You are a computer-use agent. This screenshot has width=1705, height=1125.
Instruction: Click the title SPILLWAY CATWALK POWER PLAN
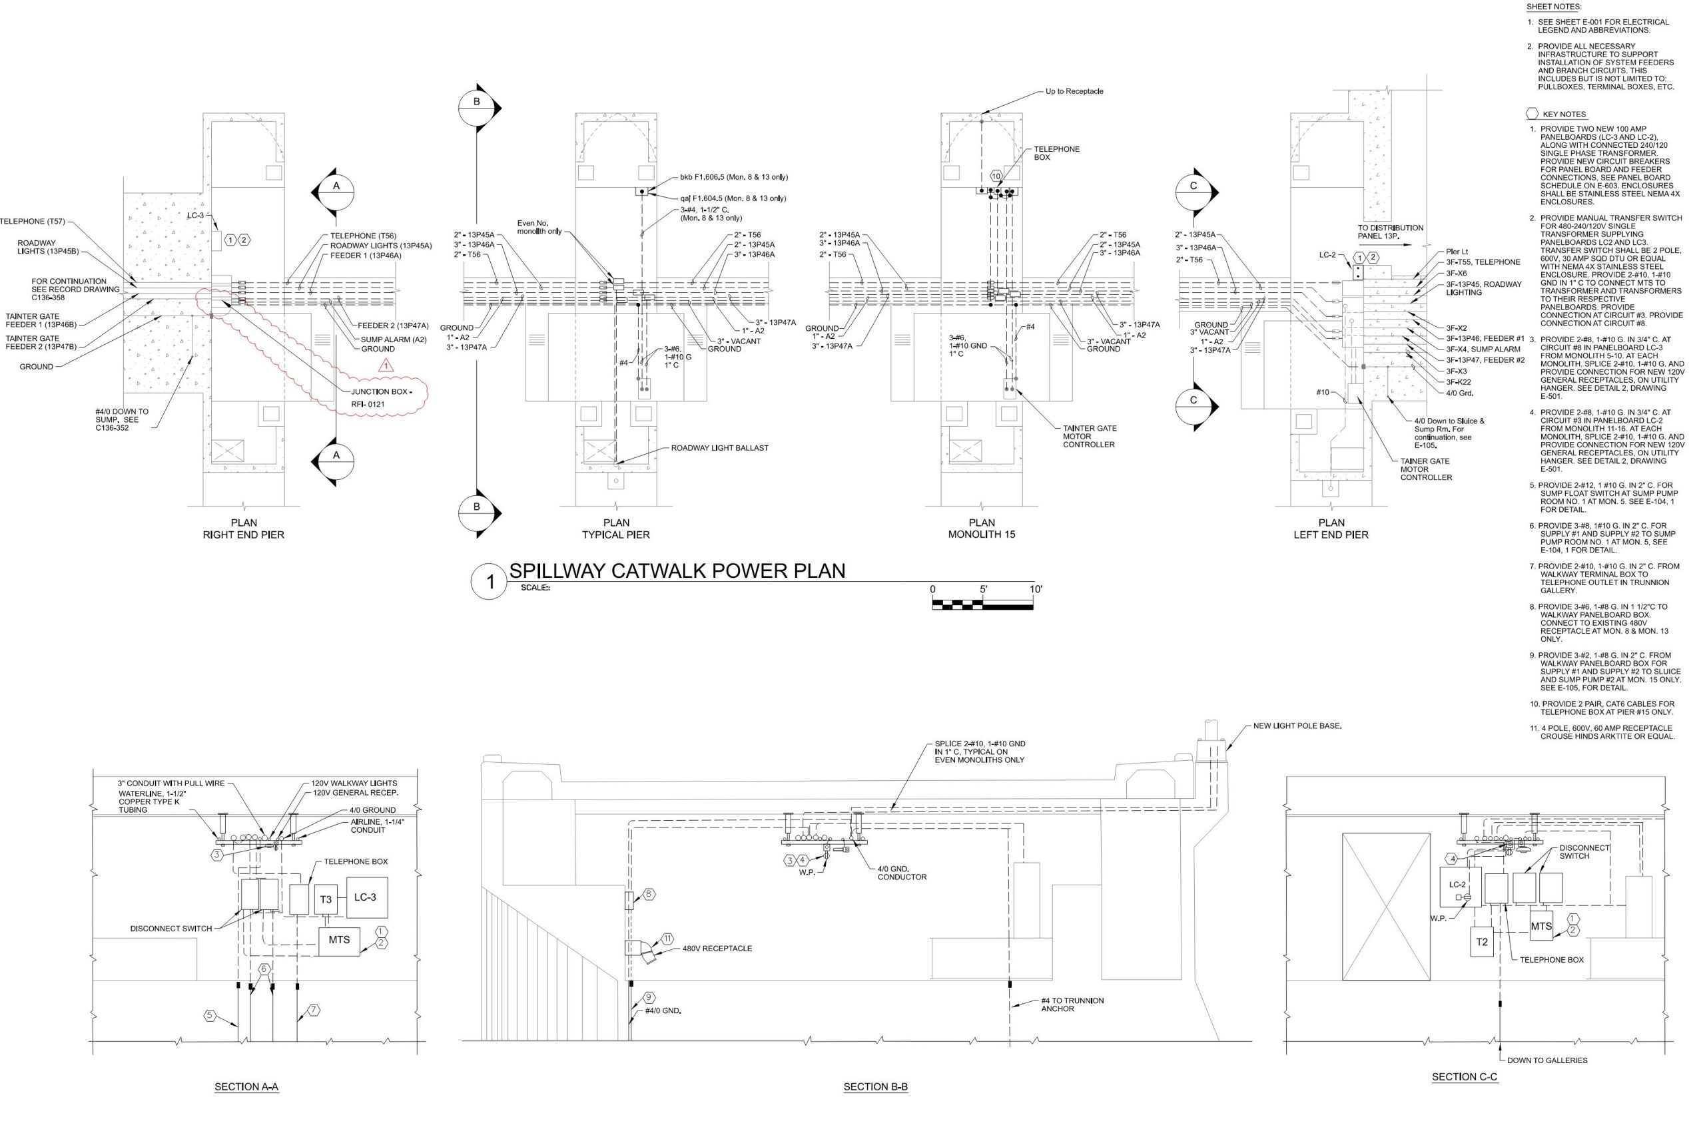(677, 570)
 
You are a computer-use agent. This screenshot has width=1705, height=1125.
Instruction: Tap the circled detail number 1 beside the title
(490, 582)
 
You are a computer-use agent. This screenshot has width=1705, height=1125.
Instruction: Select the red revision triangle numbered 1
(386, 365)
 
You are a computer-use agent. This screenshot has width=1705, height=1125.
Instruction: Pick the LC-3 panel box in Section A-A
(366, 897)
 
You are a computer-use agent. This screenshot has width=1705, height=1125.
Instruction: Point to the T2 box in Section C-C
(1482, 942)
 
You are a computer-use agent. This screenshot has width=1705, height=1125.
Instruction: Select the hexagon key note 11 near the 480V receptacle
(667, 939)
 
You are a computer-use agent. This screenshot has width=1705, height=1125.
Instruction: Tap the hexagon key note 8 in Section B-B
(649, 894)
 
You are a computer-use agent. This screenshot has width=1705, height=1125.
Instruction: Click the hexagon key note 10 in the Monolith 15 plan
(996, 176)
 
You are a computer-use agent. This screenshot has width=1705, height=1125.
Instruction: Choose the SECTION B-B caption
(875, 1087)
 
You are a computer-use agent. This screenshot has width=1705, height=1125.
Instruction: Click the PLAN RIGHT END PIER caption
(243, 529)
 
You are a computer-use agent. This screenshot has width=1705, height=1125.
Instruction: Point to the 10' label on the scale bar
(1035, 589)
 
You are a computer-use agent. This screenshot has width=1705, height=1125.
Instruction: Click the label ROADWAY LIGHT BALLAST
(719, 448)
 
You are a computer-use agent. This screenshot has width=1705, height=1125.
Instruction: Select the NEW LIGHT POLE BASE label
(1297, 726)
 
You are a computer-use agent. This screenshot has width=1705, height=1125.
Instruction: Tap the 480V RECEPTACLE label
(717, 949)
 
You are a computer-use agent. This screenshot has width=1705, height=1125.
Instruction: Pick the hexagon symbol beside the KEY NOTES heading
(1531, 114)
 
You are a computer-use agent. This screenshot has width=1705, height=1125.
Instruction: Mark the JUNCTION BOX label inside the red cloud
(381, 391)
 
